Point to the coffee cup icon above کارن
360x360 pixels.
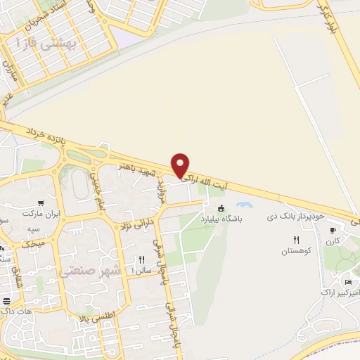tap(333, 229)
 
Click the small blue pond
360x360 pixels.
tap(244, 205)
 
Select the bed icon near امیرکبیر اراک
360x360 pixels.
tap(348, 282)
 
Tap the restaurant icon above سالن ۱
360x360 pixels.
tap(141, 259)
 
